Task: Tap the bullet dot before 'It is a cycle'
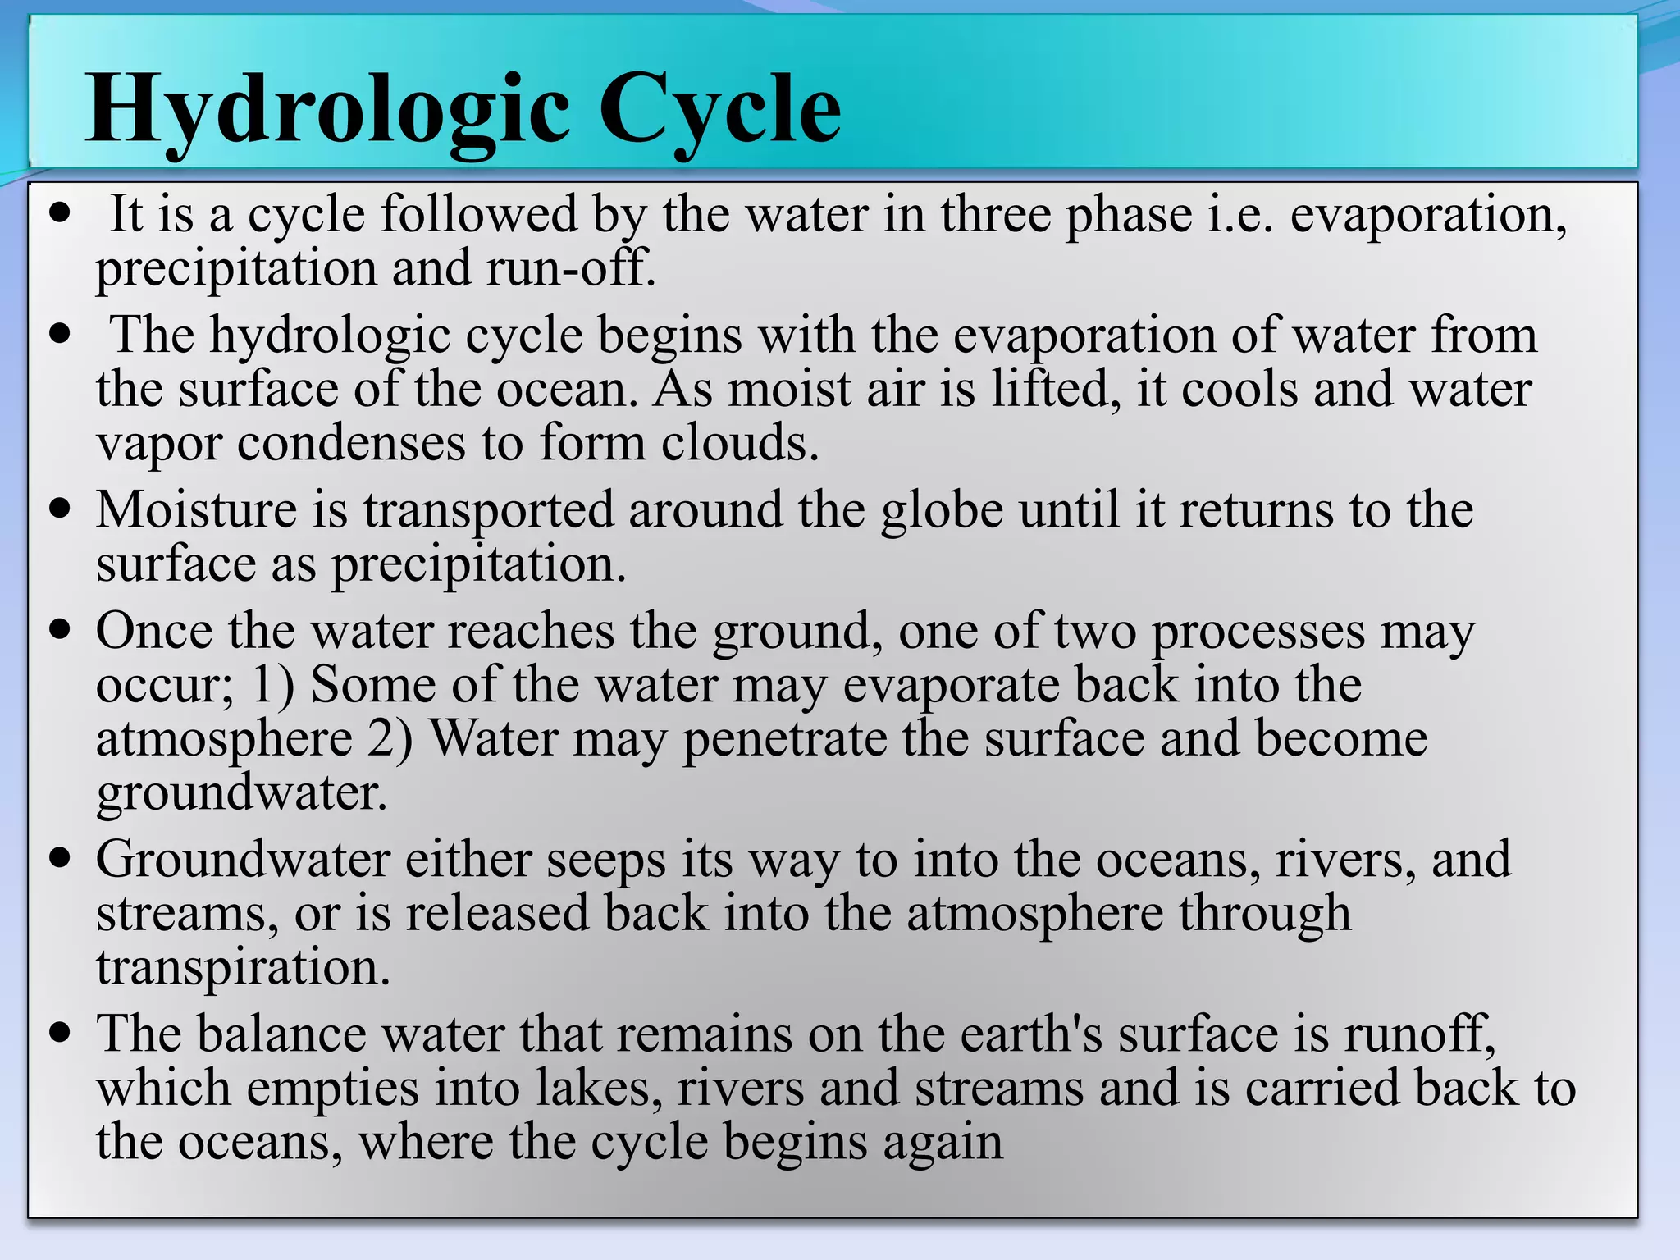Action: [60, 215]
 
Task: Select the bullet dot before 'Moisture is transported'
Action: [60, 509]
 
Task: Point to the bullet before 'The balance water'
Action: [60, 1033]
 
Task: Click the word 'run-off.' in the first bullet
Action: [571, 268]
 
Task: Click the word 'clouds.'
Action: [740, 443]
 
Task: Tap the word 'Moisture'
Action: [196, 509]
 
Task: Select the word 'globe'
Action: [942, 509]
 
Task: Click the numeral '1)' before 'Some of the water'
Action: [273, 685]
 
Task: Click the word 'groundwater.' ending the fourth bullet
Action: [241, 794]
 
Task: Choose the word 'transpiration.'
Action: [243, 968]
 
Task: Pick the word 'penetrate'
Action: [784, 740]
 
